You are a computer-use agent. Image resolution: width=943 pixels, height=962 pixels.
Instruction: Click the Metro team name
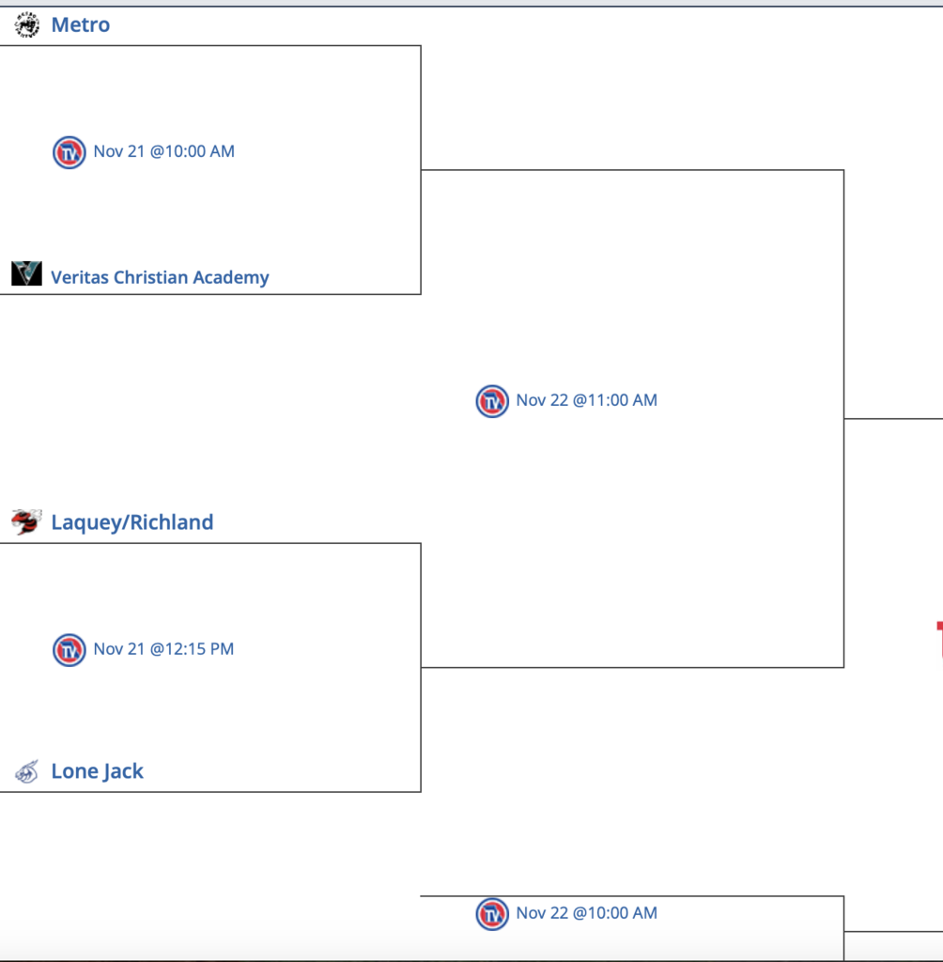pyautogui.click(x=81, y=25)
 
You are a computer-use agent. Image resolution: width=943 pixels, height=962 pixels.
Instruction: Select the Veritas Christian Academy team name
pyautogui.click(x=160, y=277)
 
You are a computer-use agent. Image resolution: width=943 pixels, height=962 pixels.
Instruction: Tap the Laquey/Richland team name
pyautogui.click(x=131, y=522)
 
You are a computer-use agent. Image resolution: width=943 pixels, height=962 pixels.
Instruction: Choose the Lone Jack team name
pyautogui.click(x=97, y=771)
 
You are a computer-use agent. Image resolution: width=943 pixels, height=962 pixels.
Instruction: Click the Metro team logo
pyautogui.click(x=27, y=25)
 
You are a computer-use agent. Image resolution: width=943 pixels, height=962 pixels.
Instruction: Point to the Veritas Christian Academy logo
pyautogui.click(x=27, y=273)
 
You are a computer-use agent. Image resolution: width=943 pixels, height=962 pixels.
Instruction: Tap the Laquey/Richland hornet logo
pyautogui.click(x=26, y=521)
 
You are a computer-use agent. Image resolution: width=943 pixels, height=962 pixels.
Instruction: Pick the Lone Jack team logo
pyautogui.click(x=27, y=772)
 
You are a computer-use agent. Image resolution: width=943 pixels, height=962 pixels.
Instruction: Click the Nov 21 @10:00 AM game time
pyautogui.click(x=163, y=151)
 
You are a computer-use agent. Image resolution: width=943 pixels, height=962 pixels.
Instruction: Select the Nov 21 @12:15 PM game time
pyautogui.click(x=163, y=649)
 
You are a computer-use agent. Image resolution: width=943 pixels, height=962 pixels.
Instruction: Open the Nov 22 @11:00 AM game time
pyautogui.click(x=586, y=400)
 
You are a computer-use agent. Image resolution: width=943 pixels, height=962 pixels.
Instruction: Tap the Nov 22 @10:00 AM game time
pyautogui.click(x=586, y=913)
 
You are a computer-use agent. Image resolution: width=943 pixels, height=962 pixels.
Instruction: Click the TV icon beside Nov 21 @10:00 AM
pyautogui.click(x=70, y=152)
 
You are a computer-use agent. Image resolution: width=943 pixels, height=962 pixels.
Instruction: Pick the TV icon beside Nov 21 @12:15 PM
pyautogui.click(x=70, y=650)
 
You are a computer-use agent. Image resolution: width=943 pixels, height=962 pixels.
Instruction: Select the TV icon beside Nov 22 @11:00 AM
pyautogui.click(x=492, y=401)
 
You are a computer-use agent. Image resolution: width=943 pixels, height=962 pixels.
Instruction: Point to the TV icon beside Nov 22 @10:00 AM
pyautogui.click(x=492, y=914)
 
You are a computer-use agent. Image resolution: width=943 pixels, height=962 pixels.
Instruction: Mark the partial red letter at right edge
pyautogui.click(x=939, y=639)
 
